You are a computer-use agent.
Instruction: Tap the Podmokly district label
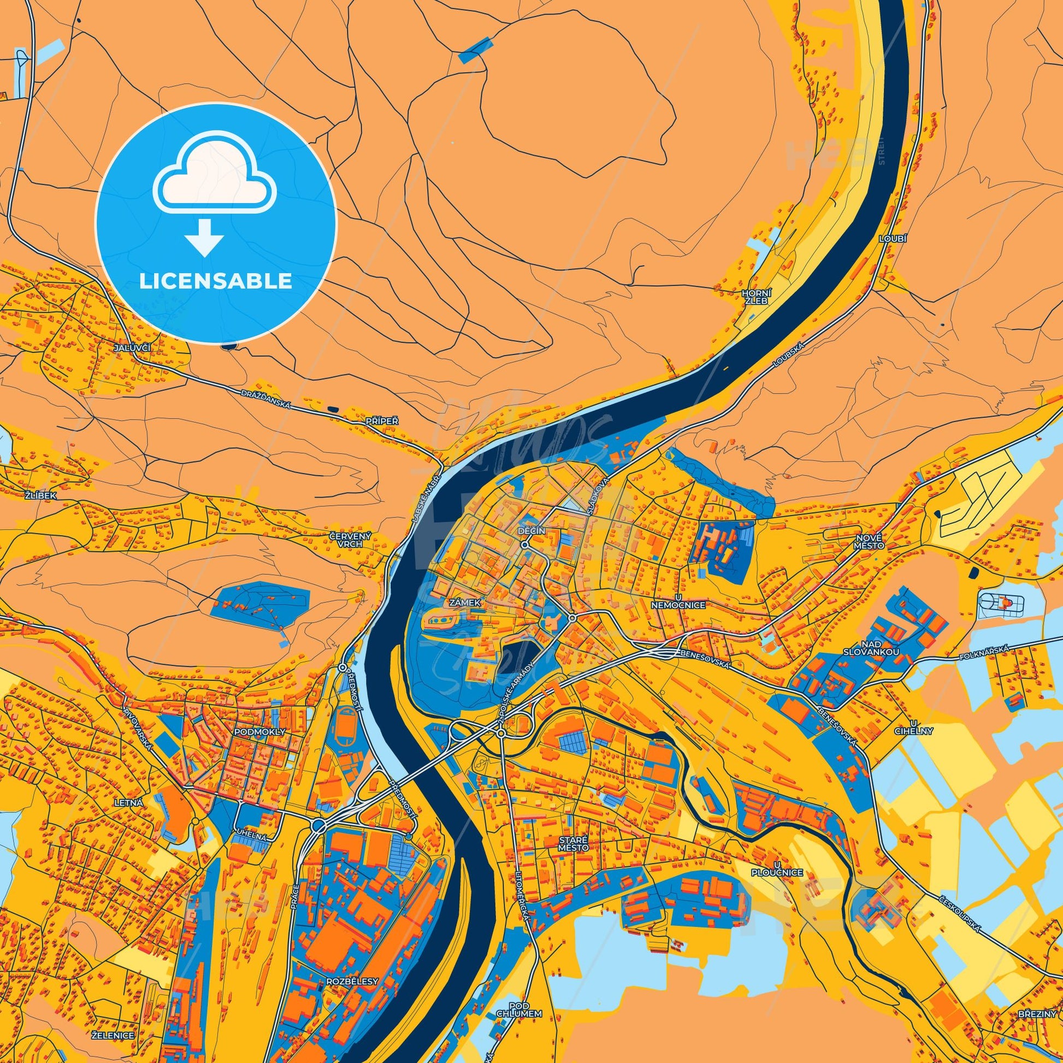click(x=259, y=732)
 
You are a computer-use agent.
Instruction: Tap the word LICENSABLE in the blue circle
click(x=215, y=281)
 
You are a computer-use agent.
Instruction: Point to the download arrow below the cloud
click(x=204, y=235)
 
